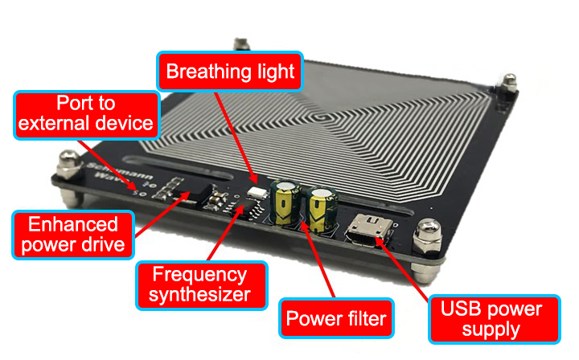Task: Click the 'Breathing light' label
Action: click(231, 72)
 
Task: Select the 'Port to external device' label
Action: click(85, 113)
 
